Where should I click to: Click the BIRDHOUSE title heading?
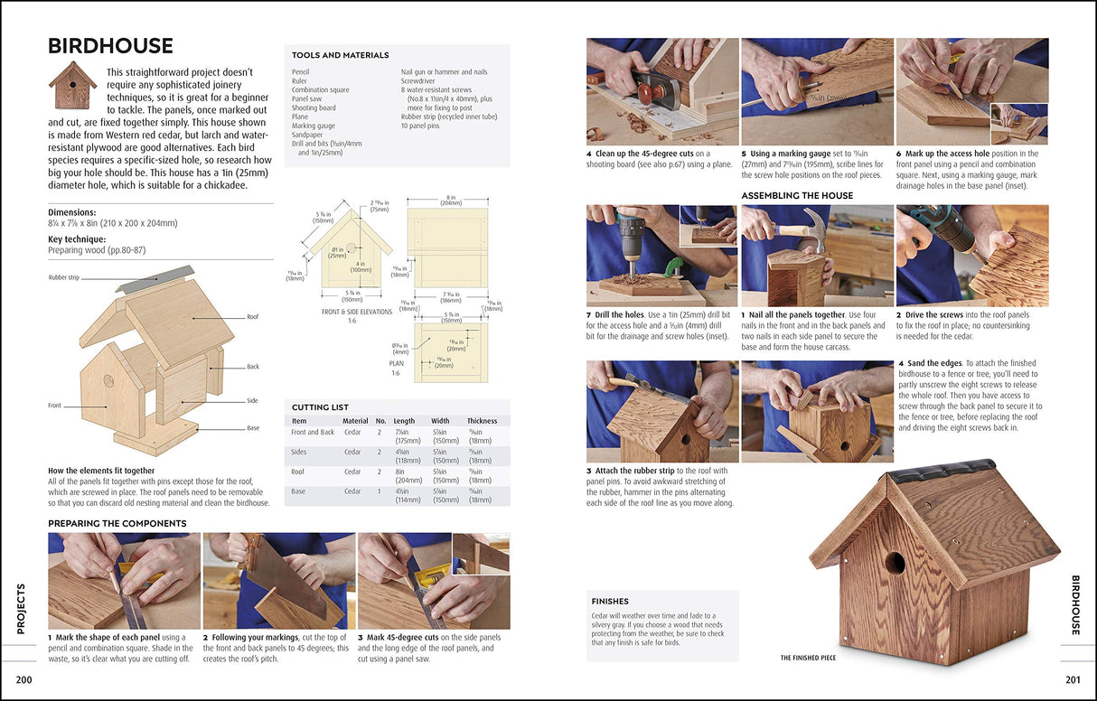click(110, 46)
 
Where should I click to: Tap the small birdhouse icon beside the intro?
click(72, 86)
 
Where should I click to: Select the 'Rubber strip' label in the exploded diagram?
click(64, 277)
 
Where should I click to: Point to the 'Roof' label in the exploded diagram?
click(253, 317)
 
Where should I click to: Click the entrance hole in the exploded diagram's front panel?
click(109, 380)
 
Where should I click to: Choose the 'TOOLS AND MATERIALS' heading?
click(340, 56)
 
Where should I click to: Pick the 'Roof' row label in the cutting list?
click(298, 472)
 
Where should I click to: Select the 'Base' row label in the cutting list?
click(298, 491)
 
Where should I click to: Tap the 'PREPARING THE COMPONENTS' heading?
click(117, 523)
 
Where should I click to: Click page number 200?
click(24, 679)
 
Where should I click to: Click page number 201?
click(1072, 679)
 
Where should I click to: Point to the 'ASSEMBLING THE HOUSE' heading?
click(797, 195)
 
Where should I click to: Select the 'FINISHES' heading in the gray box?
click(610, 602)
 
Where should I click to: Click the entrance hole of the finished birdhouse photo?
click(895, 564)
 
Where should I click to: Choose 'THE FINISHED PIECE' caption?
click(808, 658)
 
